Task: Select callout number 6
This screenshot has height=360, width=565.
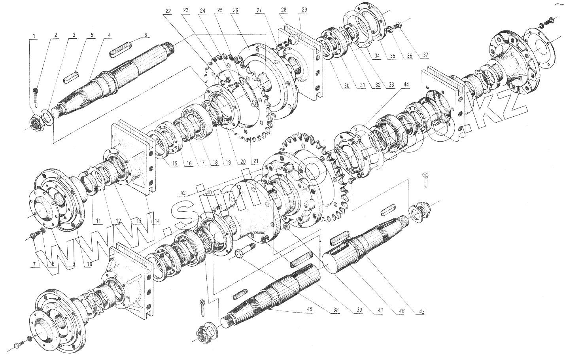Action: (146, 35)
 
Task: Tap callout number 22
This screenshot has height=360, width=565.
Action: (168, 11)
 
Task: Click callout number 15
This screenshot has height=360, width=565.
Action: (175, 163)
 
